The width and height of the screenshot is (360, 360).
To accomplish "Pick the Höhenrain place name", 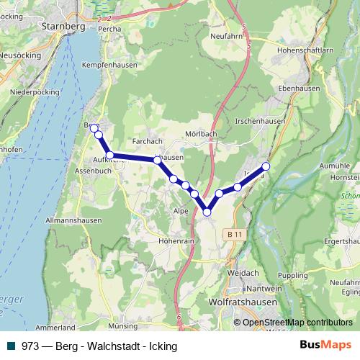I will pyautogui.click(x=176, y=242).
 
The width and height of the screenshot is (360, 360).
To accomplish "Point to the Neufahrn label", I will pyautogui.click(x=222, y=35).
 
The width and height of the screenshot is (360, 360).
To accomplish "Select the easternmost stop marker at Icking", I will pyautogui.click(x=265, y=166).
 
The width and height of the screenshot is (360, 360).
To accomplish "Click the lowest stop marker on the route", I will pyautogui.click(x=207, y=212).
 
